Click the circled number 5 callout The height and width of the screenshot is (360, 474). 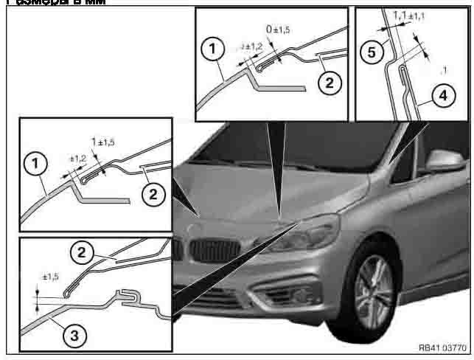(x=374, y=52)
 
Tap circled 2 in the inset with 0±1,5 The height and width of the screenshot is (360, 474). (x=329, y=82)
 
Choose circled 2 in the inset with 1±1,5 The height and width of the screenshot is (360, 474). (x=151, y=195)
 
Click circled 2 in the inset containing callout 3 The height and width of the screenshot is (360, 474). (x=83, y=252)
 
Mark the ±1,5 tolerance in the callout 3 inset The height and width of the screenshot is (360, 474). (x=50, y=277)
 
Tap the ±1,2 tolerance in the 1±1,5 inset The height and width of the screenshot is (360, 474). (x=77, y=158)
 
